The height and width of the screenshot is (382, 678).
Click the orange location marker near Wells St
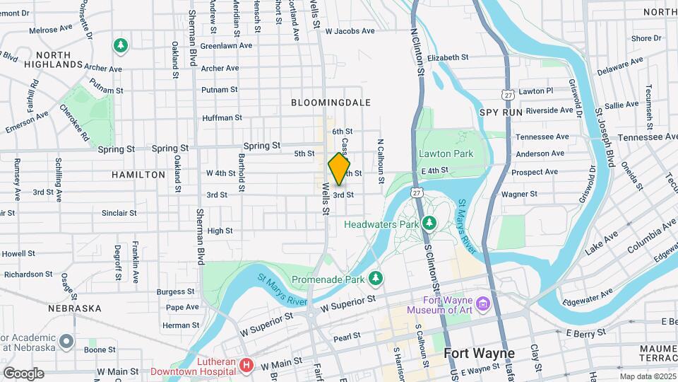coord(339,169)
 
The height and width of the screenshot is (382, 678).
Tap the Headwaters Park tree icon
coord(429,224)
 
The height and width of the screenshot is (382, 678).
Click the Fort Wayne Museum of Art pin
coord(483,304)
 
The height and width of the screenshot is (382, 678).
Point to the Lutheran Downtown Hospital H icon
coord(246,365)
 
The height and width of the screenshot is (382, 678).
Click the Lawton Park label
coord(445,153)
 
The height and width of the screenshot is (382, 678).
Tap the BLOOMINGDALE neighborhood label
coord(331,103)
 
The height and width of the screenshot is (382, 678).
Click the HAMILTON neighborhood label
coord(138,174)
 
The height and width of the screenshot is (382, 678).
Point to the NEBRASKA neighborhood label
coord(75,308)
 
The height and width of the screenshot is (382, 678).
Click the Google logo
coord(23,373)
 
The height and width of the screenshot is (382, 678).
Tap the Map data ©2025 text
coord(647,376)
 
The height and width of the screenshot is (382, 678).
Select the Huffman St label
coord(222,118)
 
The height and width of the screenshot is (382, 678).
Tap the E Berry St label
coord(586,332)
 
